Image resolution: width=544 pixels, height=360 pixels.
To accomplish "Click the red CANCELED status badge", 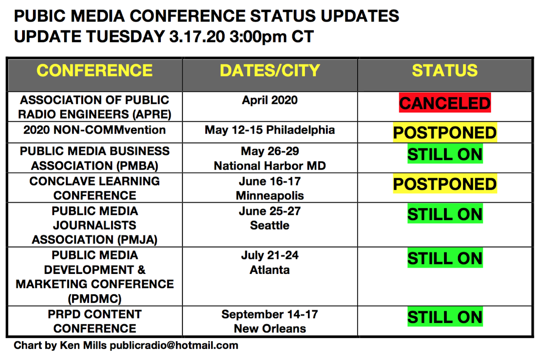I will (x=445, y=103).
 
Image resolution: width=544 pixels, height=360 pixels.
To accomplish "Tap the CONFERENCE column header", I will (x=95, y=71).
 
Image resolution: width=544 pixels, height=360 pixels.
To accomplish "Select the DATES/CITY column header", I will (x=270, y=71).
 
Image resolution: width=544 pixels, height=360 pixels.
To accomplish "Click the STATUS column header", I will (x=445, y=71).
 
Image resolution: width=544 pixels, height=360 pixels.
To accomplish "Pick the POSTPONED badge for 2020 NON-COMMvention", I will (x=445, y=133).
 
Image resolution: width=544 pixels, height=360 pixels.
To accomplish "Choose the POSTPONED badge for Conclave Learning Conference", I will (x=445, y=184).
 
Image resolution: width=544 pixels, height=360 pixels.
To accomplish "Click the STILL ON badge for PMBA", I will (x=445, y=154).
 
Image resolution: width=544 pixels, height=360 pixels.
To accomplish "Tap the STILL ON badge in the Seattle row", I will (x=445, y=214).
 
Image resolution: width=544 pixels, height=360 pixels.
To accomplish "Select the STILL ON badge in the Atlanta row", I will (x=445, y=258).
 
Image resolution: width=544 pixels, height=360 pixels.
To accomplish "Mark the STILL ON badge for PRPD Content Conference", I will (x=445, y=317).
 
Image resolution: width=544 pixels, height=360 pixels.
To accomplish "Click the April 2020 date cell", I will (x=270, y=100).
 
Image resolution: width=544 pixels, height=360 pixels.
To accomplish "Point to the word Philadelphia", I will (x=301, y=130).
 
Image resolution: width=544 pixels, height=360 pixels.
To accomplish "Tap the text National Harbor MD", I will (x=270, y=166).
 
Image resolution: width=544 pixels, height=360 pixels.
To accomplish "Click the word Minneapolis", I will (x=270, y=196).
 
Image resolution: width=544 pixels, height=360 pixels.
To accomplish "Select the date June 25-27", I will (x=270, y=211).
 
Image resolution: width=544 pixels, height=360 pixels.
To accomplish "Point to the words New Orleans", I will (x=270, y=329).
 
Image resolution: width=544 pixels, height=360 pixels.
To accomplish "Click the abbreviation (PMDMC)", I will (x=95, y=299).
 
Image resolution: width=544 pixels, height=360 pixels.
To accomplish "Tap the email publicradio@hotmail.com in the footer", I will (x=174, y=345).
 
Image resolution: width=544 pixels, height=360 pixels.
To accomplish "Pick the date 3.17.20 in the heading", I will (x=197, y=37).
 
